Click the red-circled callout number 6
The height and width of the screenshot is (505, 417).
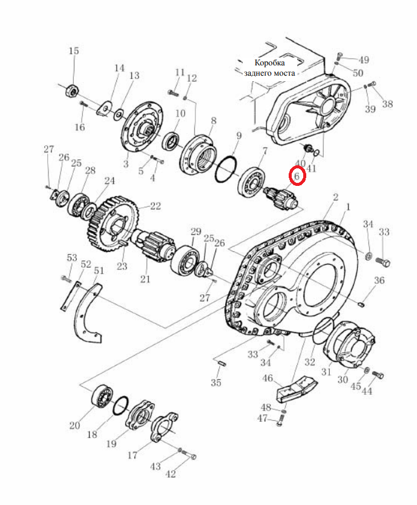click(297, 176)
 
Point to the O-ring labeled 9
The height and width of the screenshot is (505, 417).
click(227, 170)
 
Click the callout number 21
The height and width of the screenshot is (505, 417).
click(145, 279)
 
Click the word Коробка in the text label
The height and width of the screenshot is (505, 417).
click(270, 63)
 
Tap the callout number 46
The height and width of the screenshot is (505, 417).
click(268, 378)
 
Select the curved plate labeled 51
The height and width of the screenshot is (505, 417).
click(88, 314)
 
